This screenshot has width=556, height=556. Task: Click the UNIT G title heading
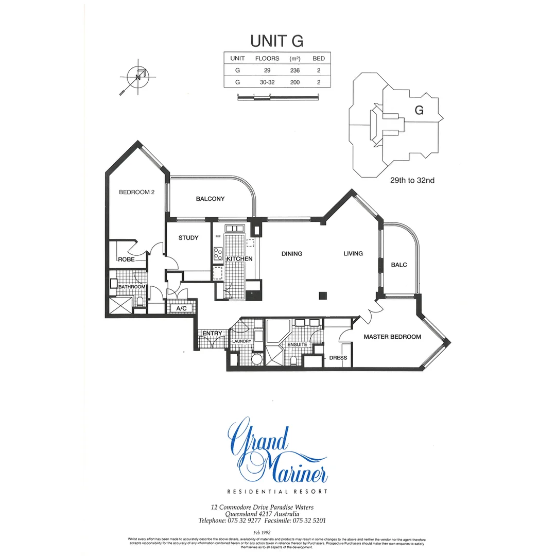[277, 41]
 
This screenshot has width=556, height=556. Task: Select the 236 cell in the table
[295, 70]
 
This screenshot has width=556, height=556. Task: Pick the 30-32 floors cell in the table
[267, 82]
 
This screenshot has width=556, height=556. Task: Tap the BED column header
[319, 58]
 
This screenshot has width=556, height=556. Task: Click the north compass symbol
[137, 78]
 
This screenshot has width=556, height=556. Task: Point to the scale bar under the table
[278, 97]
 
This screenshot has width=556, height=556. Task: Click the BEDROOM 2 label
[137, 192]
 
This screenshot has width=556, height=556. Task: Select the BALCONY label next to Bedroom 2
[210, 199]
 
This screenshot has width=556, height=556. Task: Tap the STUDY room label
[188, 238]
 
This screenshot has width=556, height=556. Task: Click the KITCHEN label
[239, 258]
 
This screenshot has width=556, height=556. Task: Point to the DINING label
[291, 253]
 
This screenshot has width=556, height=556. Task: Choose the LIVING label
[353, 253]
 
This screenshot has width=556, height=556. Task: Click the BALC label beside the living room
[398, 265]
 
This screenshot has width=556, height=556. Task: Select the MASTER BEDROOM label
[392, 337]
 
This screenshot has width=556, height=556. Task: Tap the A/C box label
[181, 308]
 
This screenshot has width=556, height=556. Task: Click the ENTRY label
[212, 334]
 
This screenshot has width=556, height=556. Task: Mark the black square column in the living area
[323, 296]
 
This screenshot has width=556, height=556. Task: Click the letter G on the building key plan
[419, 110]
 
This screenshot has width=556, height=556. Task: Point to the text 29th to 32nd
[412, 181]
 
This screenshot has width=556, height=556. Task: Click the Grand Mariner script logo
[278, 451]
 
